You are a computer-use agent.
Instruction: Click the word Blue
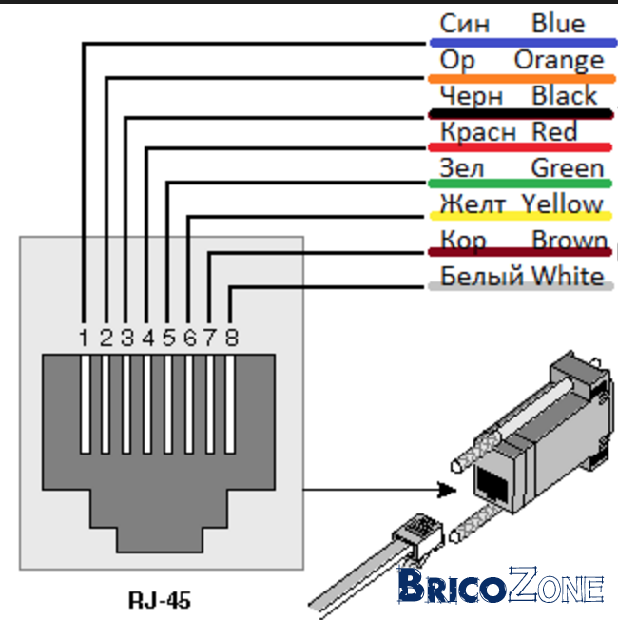click(x=558, y=24)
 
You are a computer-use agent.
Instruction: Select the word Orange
click(x=559, y=61)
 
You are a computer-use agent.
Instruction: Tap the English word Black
click(x=564, y=96)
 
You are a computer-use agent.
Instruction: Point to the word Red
click(x=554, y=131)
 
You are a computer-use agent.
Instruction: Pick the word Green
click(x=568, y=168)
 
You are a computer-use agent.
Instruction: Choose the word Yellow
click(x=562, y=204)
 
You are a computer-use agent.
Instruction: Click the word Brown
click(x=570, y=240)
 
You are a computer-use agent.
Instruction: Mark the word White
click(x=568, y=276)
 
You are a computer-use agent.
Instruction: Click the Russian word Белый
click(x=484, y=275)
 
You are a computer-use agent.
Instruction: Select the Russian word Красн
click(x=478, y=132)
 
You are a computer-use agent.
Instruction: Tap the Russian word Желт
click(x=473, y=204)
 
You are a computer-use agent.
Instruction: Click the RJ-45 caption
click(x=160, y=600)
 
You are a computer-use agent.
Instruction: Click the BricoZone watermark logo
click(x=500, y=585)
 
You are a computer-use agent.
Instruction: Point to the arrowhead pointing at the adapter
click(x=447, y=490)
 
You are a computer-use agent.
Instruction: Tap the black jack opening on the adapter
click(x=492, y=485)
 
